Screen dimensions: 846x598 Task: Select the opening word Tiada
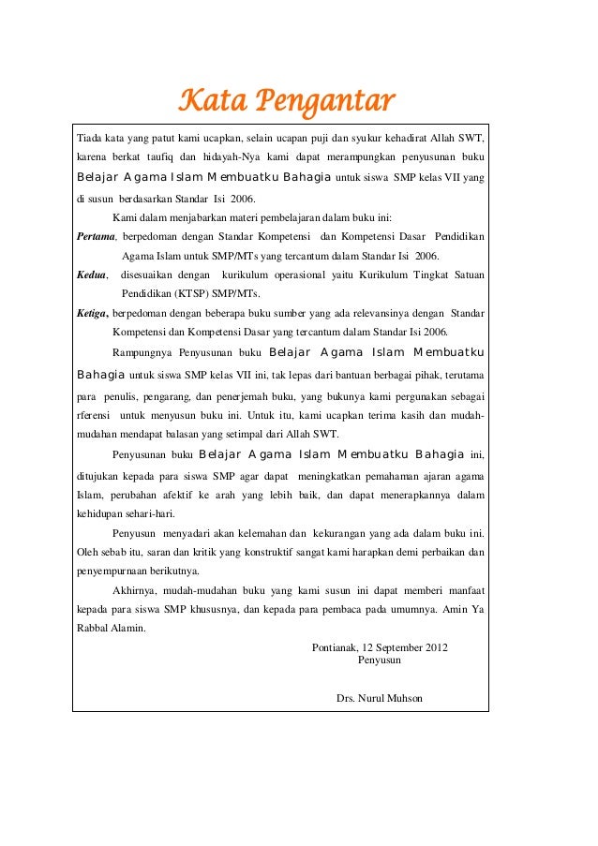90,139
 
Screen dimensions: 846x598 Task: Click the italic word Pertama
95,237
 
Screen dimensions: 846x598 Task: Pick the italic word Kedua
91,275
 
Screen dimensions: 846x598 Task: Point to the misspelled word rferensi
93,415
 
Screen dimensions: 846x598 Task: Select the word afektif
194,494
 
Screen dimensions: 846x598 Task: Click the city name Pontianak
333,647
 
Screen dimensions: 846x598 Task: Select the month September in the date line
392,647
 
